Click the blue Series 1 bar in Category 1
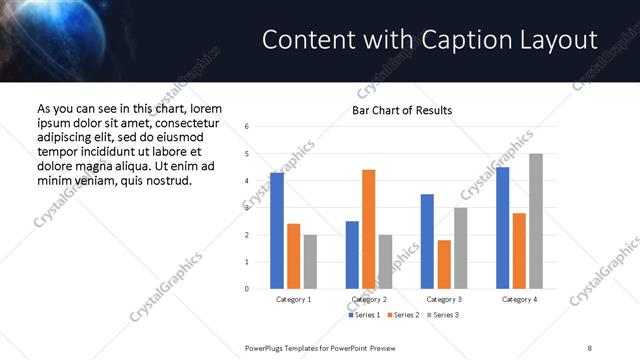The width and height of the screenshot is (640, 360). point(277,231)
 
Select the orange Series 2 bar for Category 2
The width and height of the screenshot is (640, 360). point(368,229)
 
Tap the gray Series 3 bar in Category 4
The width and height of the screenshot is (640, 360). point(536,221)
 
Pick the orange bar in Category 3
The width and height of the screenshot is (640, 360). point(444,264)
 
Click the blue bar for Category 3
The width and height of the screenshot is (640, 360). point(427,241)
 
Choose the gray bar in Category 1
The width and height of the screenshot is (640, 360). point(310,262)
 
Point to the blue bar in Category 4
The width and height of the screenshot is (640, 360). point(502,228)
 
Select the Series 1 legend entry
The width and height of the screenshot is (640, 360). point(366,315)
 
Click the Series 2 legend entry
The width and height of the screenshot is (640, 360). point(402,315)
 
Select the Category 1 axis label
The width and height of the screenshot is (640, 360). point(293,299)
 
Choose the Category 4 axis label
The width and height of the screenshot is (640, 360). point(519,299)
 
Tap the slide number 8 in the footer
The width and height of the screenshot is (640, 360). point(589,347)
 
